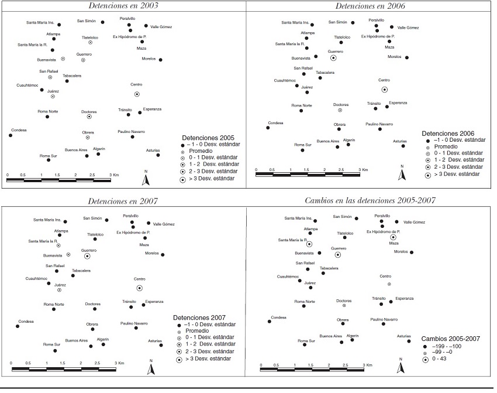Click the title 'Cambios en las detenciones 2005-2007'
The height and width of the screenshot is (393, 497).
click(370, 201)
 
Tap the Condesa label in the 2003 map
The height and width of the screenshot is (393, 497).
click(19, 129)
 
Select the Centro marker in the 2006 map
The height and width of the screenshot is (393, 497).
click(384, 89)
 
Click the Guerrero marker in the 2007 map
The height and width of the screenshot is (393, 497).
click(87, 256)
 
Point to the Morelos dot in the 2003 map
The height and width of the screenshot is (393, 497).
click(160, 60)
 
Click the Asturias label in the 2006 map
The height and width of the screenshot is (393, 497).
click(400, 141)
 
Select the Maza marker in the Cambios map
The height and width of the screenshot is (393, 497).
click(393, 237)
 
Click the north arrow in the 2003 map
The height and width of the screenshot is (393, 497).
click(146, 177)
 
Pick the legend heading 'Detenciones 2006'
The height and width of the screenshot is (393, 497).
click(450, 134)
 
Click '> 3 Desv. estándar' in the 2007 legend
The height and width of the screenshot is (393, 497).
click(208, 358)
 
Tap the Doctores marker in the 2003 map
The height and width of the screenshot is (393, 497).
click(89, 117)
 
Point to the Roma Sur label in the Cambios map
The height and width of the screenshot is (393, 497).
click(306, 340)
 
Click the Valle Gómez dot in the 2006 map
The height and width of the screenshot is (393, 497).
click(392, 27)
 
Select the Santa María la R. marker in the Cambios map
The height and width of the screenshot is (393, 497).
click(309, 244)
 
